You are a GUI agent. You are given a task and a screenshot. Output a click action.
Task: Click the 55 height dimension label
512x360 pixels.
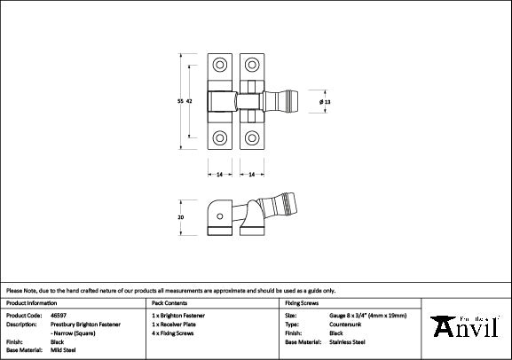pyautogui.click(x=181, y=101)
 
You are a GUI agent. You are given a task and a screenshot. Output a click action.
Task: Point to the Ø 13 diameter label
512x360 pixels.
pyautogui.click(x=325, y=101)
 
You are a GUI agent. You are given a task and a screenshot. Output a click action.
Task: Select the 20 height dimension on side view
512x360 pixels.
pyautogui.click(x=181, y=215)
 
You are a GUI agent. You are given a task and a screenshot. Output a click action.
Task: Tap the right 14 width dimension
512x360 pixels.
pyautogui.click(x=253, y=173)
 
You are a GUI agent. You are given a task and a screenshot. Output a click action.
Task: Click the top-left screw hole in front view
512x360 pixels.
pyautogui.click(x=219, y=65)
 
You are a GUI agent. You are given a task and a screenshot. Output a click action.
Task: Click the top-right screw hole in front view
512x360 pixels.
pyautogui.click(x=253, y=65)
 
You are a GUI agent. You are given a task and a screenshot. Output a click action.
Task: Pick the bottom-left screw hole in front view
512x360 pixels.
pyautogui.click(x=219, y=137)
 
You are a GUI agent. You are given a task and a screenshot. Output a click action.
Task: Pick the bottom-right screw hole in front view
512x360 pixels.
pyautogui.click(x=253, y=137)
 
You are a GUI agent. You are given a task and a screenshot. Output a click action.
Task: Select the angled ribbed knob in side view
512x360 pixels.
pyautogui.click(x=283, y=205)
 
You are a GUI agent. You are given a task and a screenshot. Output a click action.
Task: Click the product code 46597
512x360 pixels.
pyautogui.click(x=59, y=316)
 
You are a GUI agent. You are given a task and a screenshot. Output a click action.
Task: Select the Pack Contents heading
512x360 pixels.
pyautogui.click(x=169, y=303)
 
